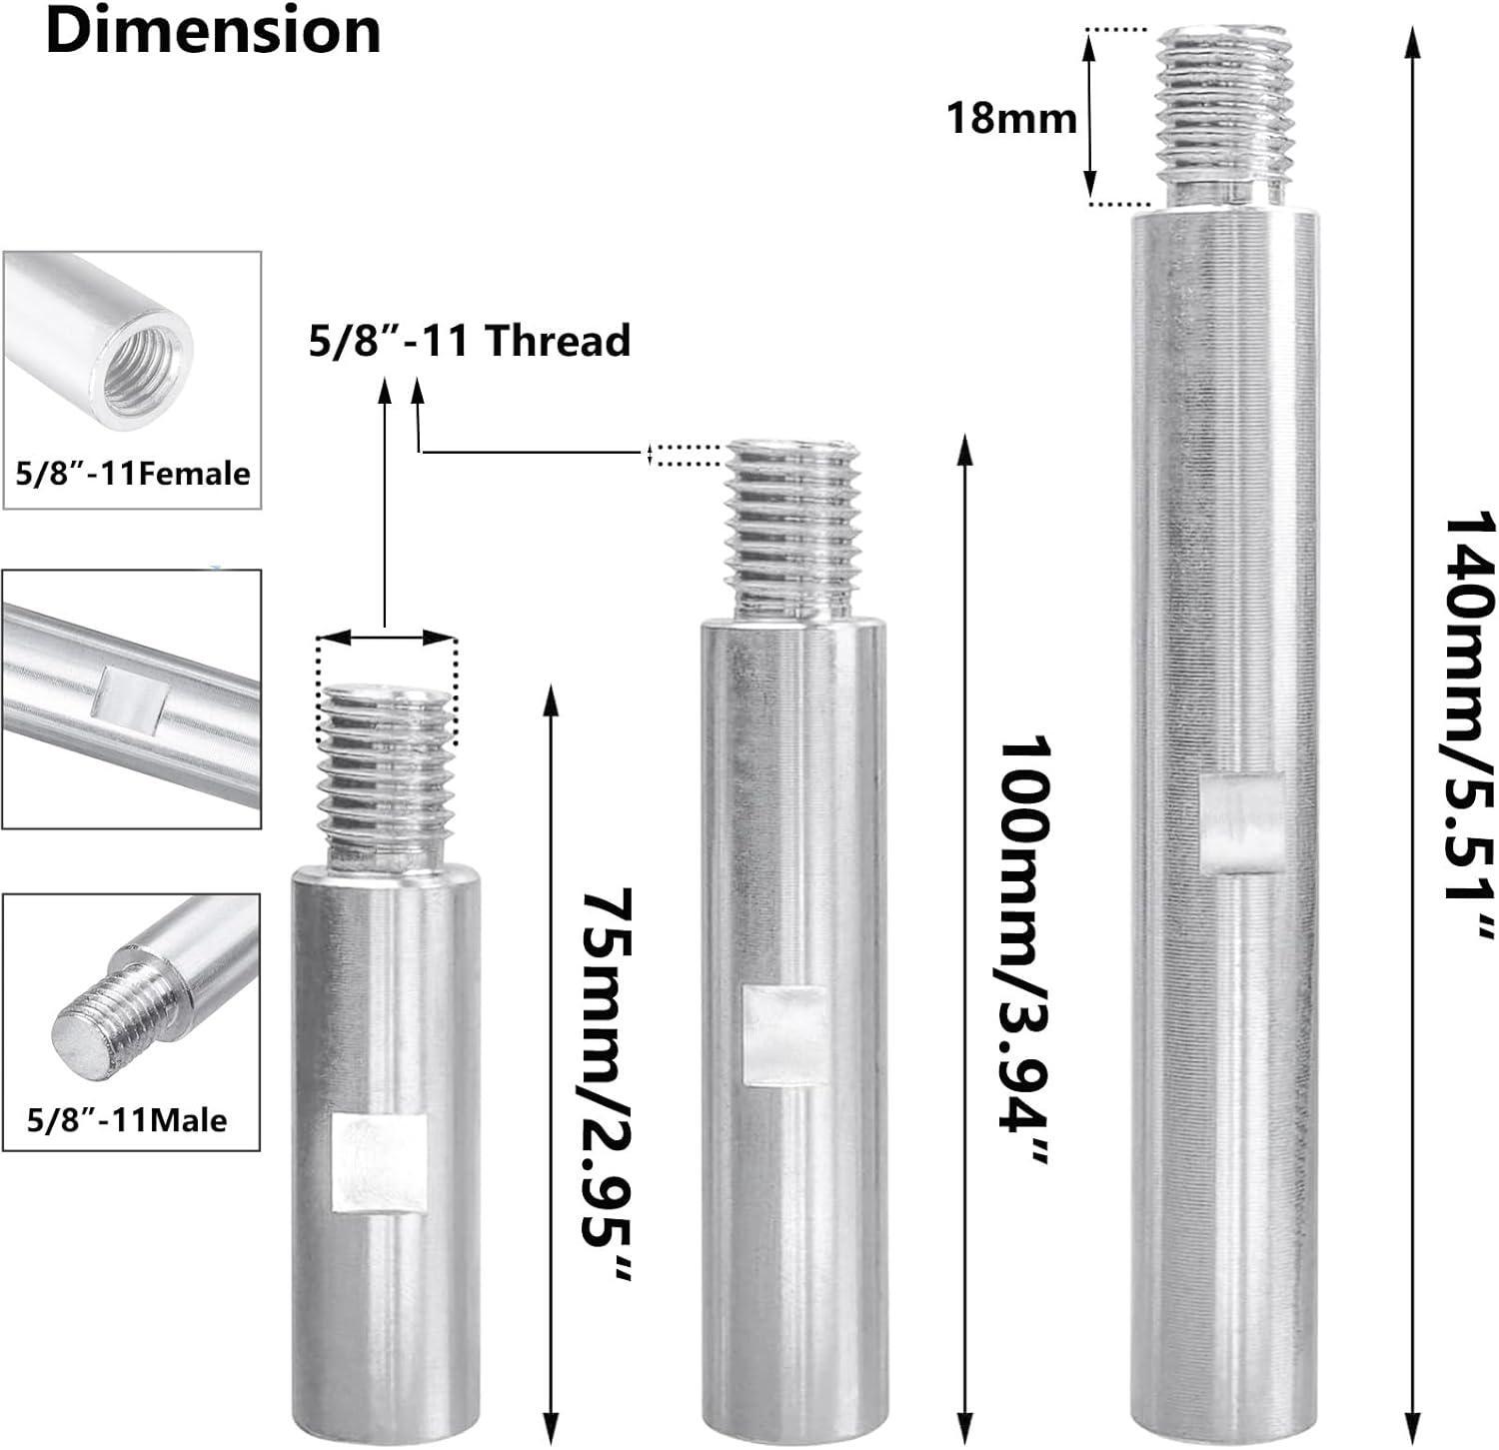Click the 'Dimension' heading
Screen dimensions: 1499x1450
point(213,31)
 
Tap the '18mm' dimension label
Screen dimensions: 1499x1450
point(1011,119)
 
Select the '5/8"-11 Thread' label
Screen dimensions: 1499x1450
point(469,340)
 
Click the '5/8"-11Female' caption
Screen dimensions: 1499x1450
point(133,473)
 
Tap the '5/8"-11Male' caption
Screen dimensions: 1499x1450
point(127,1119)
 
